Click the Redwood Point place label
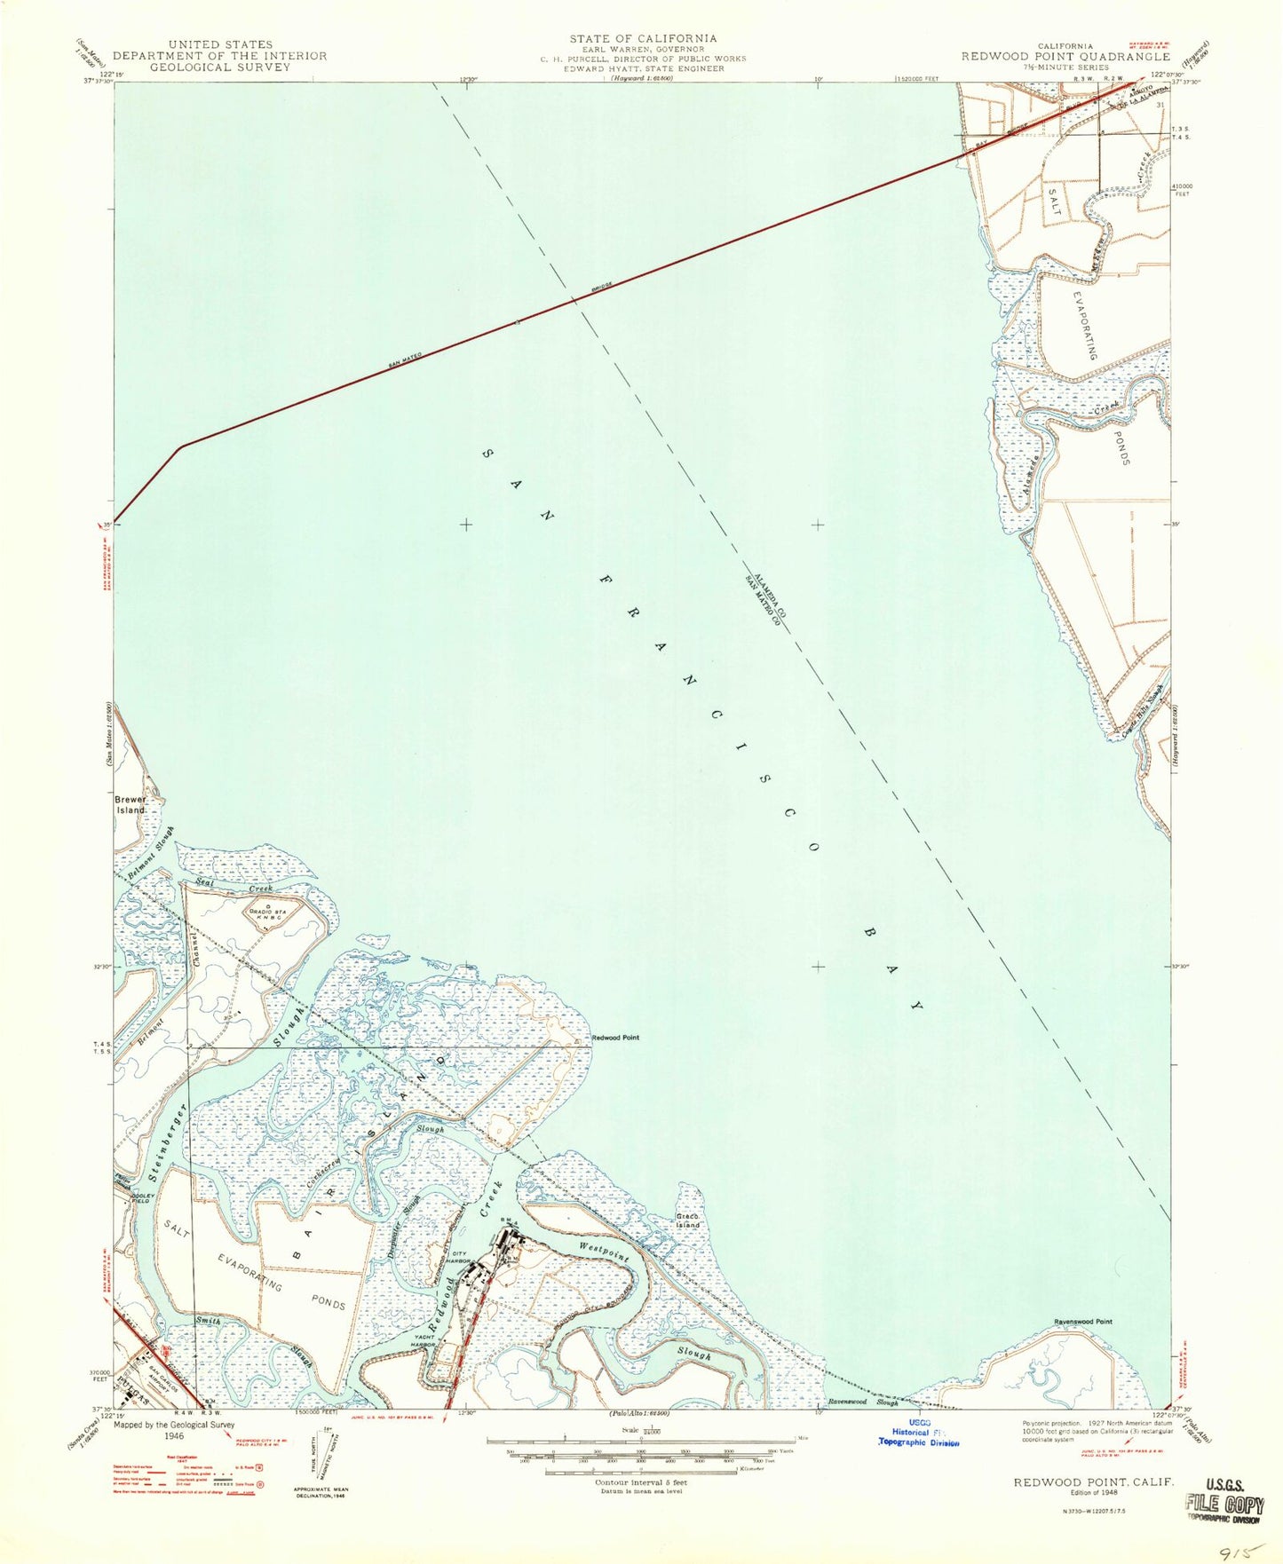615,1037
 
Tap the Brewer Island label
130,804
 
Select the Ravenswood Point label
1082,1322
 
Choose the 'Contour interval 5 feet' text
642,1482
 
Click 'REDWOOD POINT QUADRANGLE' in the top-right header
1065,56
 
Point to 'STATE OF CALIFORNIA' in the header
644,38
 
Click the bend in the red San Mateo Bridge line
182,446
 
